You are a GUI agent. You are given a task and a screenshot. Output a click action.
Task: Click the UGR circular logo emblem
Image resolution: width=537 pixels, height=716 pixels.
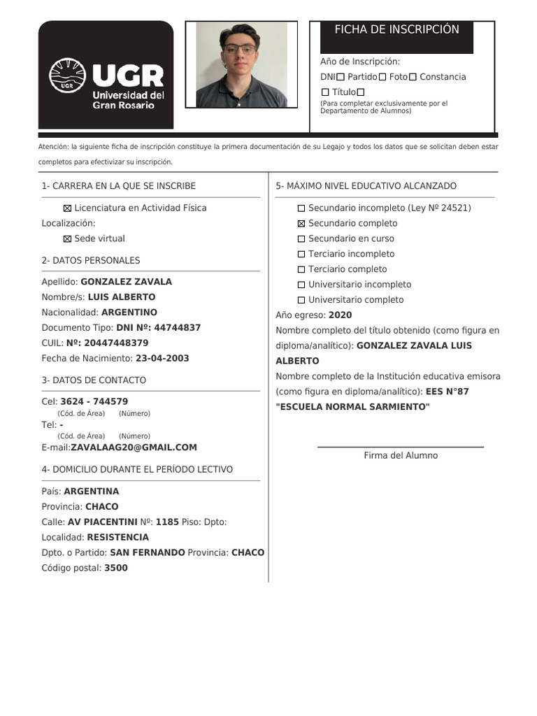click(x=67, y=76)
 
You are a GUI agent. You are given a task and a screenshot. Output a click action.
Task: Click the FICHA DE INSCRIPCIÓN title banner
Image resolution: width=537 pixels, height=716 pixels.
click(x=396, y=29)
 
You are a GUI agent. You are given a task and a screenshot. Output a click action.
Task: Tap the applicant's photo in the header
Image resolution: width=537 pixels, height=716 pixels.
click(x=241, y=64)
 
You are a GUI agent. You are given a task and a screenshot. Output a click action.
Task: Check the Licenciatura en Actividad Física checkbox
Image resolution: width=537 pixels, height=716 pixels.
click(x=68, y=208)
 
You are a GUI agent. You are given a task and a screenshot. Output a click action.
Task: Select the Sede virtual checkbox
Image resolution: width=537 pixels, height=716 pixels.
click(x=68, y=239)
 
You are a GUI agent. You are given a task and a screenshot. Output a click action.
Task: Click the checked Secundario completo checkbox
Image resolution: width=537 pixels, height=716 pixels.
click(x=301, y=224)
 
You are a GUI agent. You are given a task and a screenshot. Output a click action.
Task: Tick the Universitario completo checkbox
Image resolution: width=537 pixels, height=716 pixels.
click(x=301, y=300)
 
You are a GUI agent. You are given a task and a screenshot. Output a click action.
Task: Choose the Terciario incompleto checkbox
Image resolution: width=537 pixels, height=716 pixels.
click(x=301, y=255)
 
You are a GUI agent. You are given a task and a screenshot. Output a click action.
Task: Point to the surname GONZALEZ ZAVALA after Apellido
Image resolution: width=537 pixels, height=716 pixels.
click(x=126, y=282)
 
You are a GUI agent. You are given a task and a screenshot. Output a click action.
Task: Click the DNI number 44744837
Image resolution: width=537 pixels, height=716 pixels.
click(x=177, y=327)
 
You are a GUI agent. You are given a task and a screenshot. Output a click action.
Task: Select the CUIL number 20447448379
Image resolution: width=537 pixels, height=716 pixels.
click(x=115, y=343)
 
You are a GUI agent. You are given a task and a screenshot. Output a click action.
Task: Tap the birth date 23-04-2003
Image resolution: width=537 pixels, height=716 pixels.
click(x=162, y=358)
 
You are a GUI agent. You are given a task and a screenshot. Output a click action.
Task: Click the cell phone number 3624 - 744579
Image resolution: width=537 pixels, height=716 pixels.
click(x=94, y=401)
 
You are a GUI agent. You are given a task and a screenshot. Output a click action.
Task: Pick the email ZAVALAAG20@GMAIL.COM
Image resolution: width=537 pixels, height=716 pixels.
click(x=134, y=447)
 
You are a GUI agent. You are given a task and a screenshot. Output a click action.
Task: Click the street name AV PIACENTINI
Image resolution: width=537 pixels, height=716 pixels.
click(x=102, y=522)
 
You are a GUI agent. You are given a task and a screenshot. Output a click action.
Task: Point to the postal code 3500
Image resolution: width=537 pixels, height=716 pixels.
click(x=115, y=568)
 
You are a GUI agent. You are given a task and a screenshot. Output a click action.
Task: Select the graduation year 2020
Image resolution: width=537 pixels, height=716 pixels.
click(x=340, y=315)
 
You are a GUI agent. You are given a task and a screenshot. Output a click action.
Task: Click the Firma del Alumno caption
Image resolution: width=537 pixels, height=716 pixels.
click(x=401, y=455)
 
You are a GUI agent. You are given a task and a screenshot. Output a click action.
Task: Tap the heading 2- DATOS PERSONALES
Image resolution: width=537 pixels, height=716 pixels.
click(x=91, y=260)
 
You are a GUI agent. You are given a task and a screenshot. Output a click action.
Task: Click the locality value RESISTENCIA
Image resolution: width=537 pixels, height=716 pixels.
click(x=117, y=537)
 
